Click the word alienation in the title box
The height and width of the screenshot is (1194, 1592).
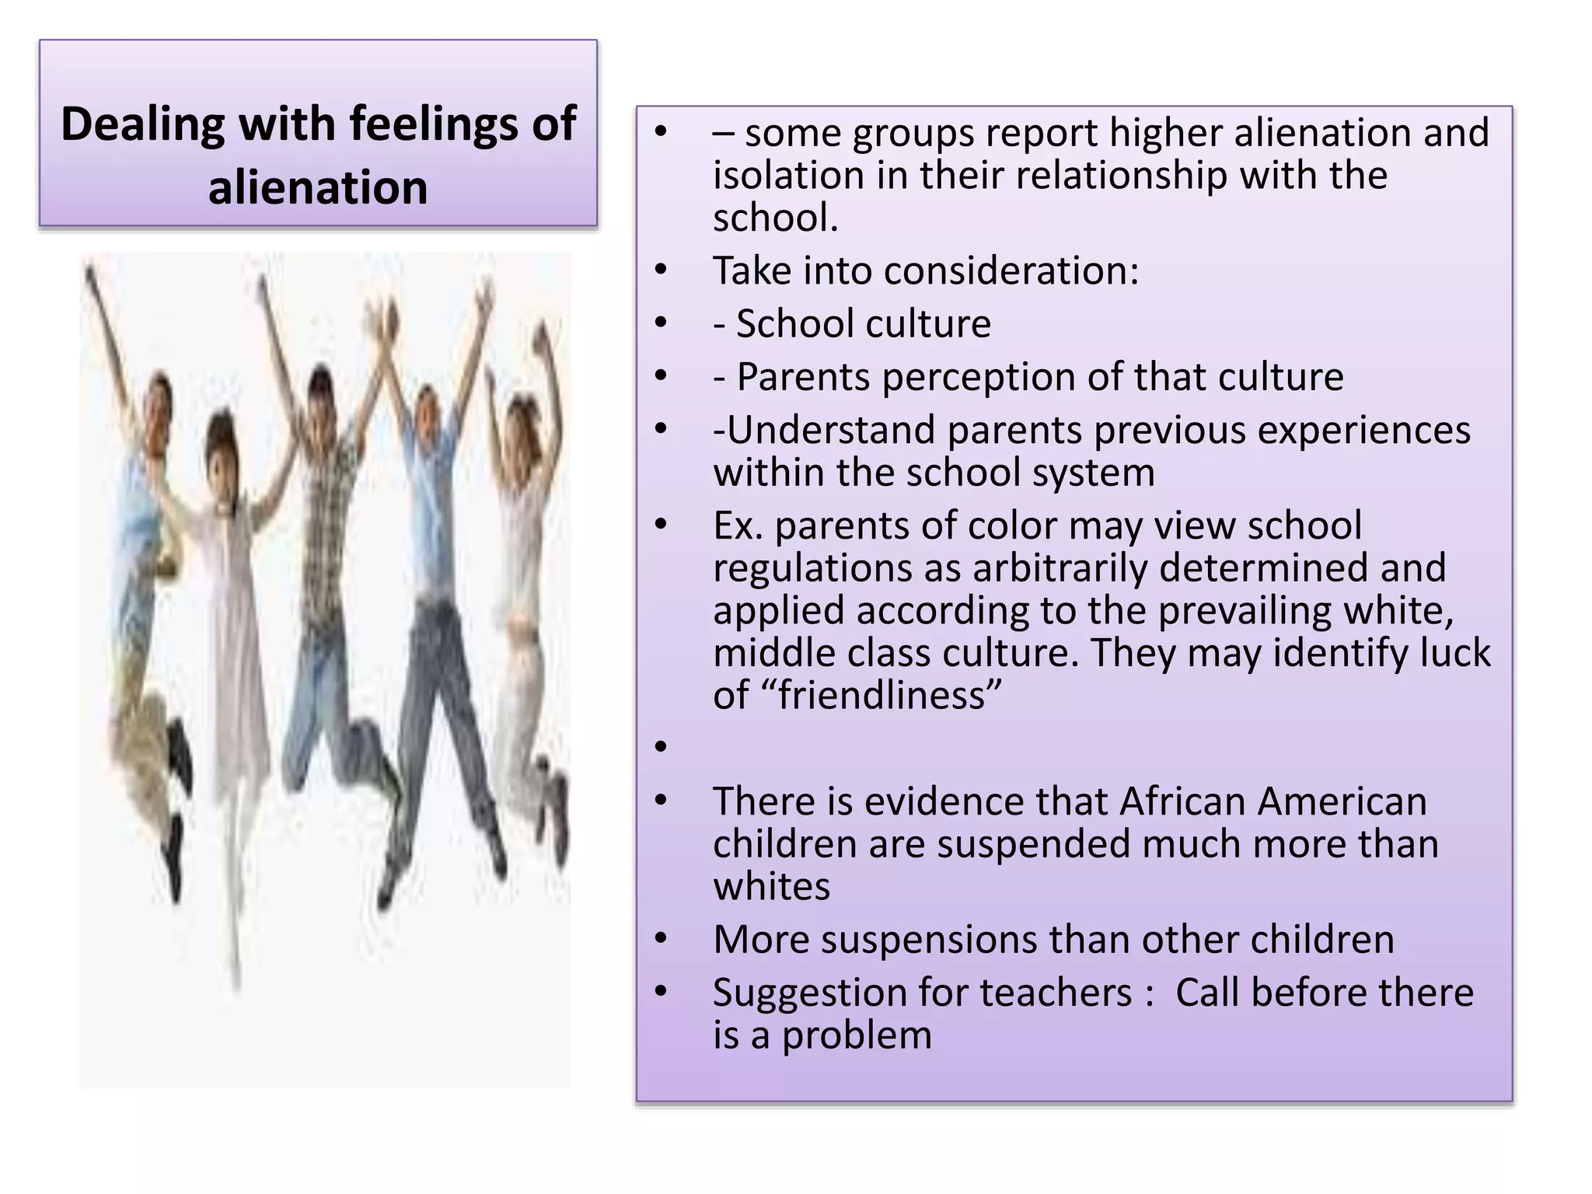[318, 187]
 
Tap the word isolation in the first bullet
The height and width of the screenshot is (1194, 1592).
[788, 175]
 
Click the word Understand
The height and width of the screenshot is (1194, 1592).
[831, 430]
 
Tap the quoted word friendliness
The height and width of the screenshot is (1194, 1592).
[889, 695]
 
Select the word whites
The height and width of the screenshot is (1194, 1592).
[771, 886]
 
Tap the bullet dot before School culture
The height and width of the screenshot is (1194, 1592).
[661, 323]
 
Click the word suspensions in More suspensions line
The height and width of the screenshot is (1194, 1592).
[929, 940]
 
